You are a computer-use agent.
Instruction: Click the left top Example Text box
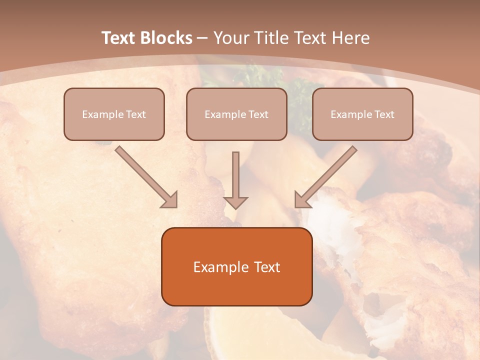click(114, 114)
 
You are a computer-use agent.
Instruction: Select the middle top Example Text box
click(236, 114)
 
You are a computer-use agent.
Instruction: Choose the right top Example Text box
click(362, 114)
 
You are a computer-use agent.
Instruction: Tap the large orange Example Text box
click(236, 266)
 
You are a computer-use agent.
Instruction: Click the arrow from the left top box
click(146, 177)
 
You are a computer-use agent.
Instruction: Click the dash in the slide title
click(202, 38)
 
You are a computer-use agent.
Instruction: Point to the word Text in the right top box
click(384, 114)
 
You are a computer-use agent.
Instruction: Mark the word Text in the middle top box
click(258, 114)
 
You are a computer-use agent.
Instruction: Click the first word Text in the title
click(118, 38)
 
